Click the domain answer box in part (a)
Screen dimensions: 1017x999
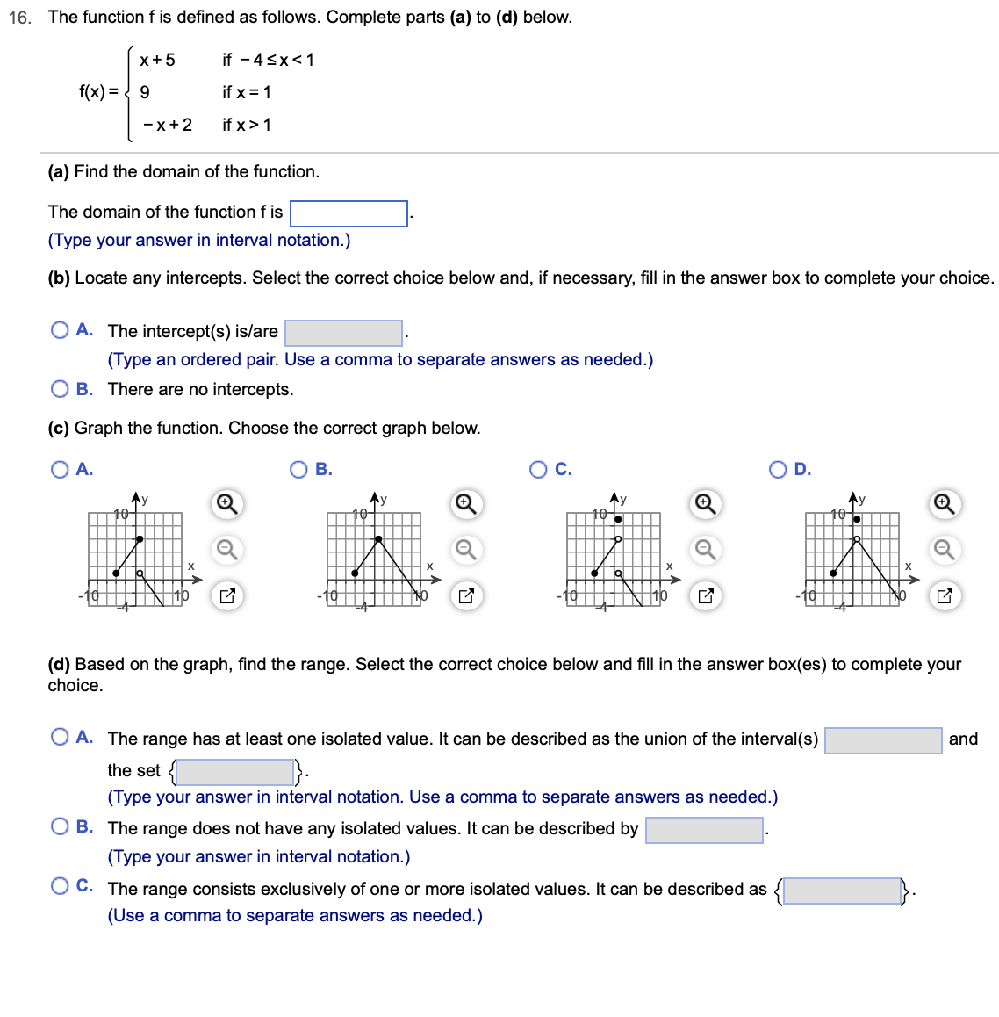[x=349, y=213]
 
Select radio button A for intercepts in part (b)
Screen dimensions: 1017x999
[x=60, y=330]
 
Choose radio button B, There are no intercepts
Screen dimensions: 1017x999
[x=60, y=389]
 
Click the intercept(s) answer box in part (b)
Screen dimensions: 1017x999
[x=343, y=333]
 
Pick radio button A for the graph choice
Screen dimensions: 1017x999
[x=60, y=470]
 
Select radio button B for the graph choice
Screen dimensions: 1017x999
[x=298, y=470]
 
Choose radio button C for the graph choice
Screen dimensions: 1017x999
[x=538, y=470]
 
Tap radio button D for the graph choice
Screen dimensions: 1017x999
[x=778, y=470]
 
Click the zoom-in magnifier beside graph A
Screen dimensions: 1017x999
[x=226, y=504]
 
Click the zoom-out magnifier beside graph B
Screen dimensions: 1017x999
[x=465, y=550]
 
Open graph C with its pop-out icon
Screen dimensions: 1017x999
[x=705, y=596]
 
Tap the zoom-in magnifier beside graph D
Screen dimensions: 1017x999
[x=944, y=504]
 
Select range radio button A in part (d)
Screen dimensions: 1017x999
[x=60, y=737]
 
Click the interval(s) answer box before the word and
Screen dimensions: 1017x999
[x=883, y=740]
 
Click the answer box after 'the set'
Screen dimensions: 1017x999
[x=235, y=772]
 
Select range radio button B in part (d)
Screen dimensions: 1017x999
[x=60, y=826]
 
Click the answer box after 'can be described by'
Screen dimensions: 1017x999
[x=704, y=830]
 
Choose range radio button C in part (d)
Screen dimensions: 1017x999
[x=60, y=886]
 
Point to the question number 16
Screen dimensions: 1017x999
[x=19, y=18]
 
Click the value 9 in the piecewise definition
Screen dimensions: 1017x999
[x=145, y=92]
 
